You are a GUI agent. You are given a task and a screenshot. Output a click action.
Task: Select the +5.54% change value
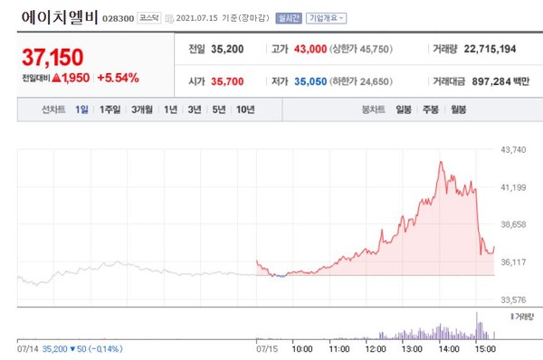point(118,78)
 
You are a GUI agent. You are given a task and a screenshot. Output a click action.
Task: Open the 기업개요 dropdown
point(327,18)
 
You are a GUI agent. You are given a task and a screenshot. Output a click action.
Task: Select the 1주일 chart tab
point(112,109)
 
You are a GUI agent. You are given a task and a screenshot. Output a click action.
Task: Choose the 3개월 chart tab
point(142,109)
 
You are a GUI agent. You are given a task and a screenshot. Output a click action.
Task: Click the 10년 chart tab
point(244,109)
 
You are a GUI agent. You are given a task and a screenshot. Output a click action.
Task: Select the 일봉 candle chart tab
point(403,109)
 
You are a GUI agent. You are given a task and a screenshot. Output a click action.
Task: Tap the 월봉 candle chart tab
point(458,109)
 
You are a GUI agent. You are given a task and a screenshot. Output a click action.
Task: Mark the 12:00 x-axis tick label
point(374,346)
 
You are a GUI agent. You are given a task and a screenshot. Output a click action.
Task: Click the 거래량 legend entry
point(525,316)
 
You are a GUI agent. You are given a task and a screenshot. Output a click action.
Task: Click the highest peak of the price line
point(441,162)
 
